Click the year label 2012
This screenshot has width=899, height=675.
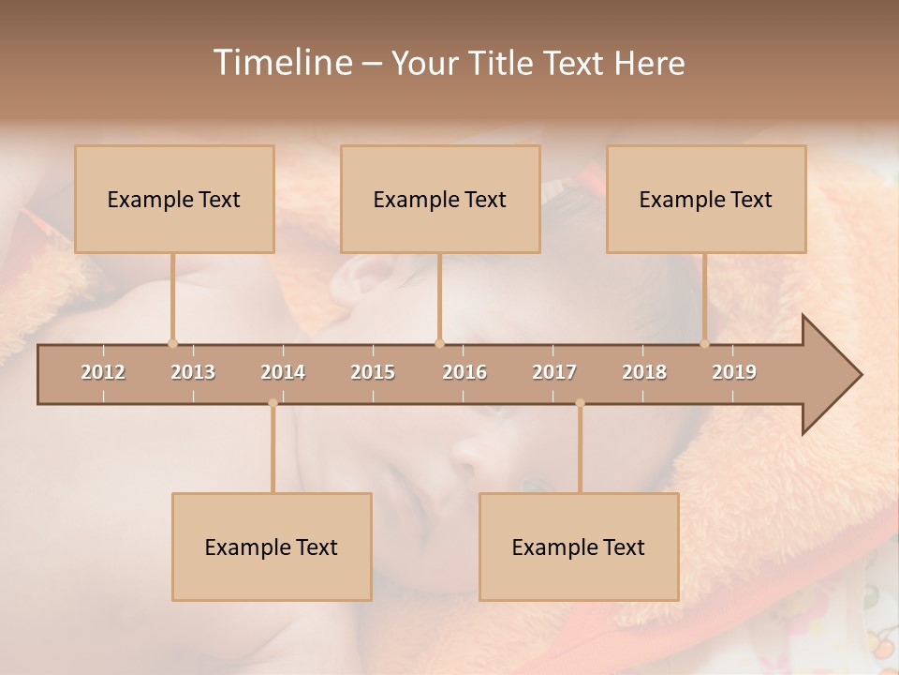pos(103,372)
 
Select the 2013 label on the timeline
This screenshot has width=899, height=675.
pos(193,372)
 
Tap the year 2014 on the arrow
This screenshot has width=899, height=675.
pos(283,372)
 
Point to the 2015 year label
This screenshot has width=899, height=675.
pos(373,372)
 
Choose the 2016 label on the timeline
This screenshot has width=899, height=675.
pos(464,372)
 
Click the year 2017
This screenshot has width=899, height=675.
pos(554,372)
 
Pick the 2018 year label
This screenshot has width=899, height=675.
pos(644,372)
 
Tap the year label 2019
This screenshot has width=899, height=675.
pos(734,372)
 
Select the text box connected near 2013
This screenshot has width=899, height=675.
pos(174,199)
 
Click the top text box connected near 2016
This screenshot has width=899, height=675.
pos(440,199)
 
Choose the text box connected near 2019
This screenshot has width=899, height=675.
pos(706,199)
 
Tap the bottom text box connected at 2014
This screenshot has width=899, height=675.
pos(272,547)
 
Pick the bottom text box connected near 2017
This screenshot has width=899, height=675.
pos(579,547)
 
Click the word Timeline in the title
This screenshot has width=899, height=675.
pos(282,62)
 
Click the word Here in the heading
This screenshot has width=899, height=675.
pos(650,63)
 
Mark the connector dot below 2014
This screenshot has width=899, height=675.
pos(273,403)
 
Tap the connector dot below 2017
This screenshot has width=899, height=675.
pos(580,403)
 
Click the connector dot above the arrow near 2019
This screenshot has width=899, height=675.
pos(705,343)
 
